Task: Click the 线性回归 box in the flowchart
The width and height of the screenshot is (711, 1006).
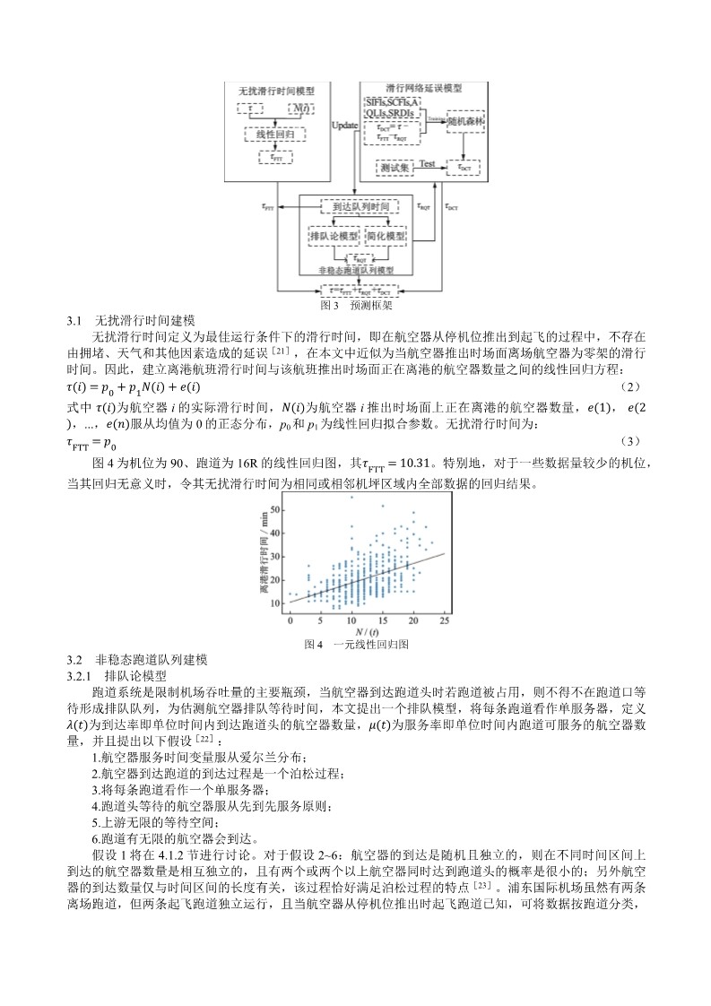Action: pos(275,134)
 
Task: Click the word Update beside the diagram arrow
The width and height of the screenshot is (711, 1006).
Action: pos(345,126)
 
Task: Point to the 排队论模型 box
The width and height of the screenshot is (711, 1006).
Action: pos(333,235)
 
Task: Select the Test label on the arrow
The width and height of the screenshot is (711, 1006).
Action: pos(428,164)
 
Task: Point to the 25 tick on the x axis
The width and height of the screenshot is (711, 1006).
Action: pos(444,620)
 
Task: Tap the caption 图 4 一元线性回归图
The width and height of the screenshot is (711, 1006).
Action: pos(356,644)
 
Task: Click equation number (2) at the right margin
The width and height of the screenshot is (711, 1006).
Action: pos(631,386)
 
